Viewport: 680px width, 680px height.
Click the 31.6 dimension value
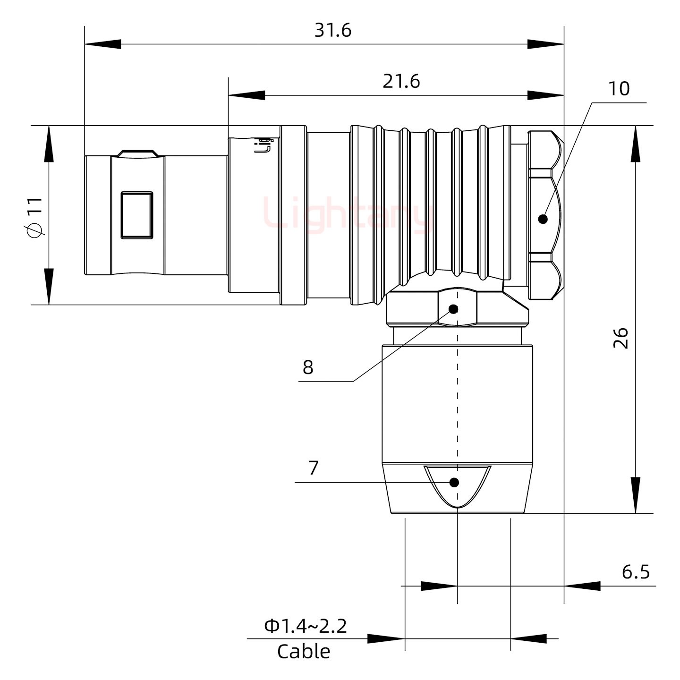(x=333, y=31)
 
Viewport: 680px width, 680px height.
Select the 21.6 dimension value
(x=401, y=82)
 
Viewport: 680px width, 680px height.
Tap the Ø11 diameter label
(x=35, y=217)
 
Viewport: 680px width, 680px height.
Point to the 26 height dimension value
(x=621, y=338)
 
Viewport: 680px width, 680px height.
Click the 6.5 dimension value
(x=636, y=572)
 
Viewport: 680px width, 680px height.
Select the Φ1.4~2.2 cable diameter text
(x=306, y=627)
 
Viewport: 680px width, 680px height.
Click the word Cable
(x=304, y=652)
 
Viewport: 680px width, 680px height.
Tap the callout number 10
(x=619, y=89)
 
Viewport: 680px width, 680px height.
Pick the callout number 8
(x=308, y=367)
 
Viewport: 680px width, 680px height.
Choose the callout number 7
(x=314, y=468)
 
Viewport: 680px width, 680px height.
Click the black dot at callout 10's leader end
(x=543, y=219)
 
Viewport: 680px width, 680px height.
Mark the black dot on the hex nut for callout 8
(x=453, y=309)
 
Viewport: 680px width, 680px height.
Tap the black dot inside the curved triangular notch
(x=454, y=482)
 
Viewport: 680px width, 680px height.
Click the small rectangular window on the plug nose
(x=137, y=215)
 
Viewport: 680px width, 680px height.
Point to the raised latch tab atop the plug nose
(x=137, y=153)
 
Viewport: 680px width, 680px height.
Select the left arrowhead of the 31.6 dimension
(x=102, y=44)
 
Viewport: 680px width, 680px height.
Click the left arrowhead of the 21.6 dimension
(x=246, y=95)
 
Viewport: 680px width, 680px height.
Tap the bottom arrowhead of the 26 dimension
(x=636, y=496)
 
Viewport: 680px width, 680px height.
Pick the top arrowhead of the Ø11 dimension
(x=49, y=144)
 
